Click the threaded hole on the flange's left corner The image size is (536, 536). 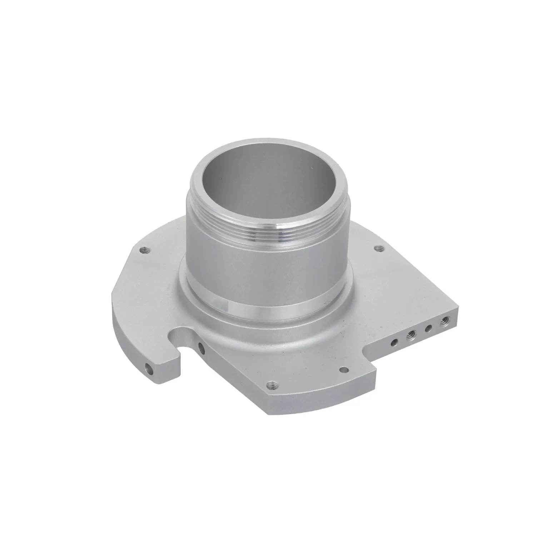[144, 249]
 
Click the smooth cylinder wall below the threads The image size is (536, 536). [268, 264]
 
